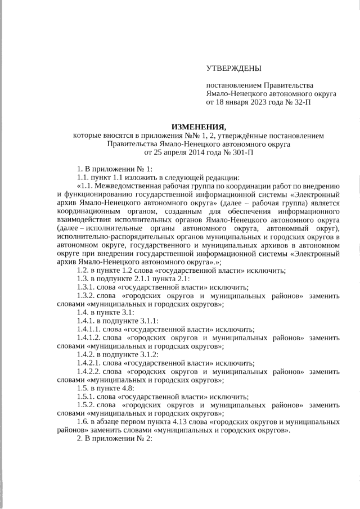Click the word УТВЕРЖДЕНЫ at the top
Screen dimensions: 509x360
(x=233, y=69)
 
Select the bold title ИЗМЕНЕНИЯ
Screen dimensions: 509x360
(x=199, y=127)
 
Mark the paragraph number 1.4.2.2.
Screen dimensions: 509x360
(x=90, y=372)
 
